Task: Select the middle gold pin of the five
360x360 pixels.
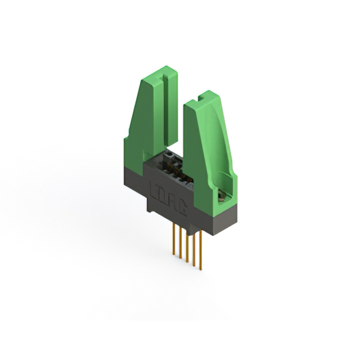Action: click(187, 245)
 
